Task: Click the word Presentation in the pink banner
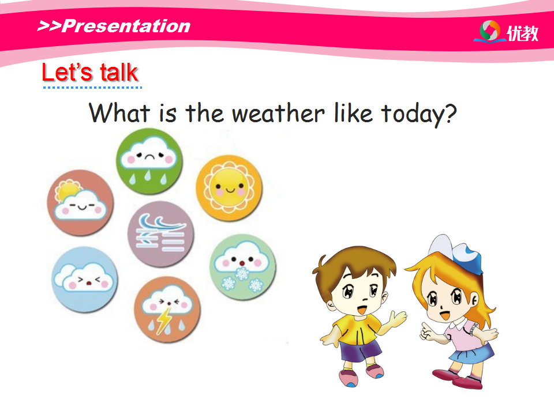coord(126,26)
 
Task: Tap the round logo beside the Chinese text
coord(490,31)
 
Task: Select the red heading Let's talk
coord(90,73)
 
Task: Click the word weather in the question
coord(278,114)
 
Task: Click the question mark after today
coord(451,113)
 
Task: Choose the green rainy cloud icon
coord(149,161)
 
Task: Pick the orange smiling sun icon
coord(229,188)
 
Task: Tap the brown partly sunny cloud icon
coord(81,203)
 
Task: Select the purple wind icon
coord(161,234)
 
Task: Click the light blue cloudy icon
coord(85,280)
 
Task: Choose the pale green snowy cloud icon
coord(243,267)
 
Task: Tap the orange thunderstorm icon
coord(167,310)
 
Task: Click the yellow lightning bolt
coord(163,320)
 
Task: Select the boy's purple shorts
coord(360,349)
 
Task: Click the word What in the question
coord(119,113)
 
